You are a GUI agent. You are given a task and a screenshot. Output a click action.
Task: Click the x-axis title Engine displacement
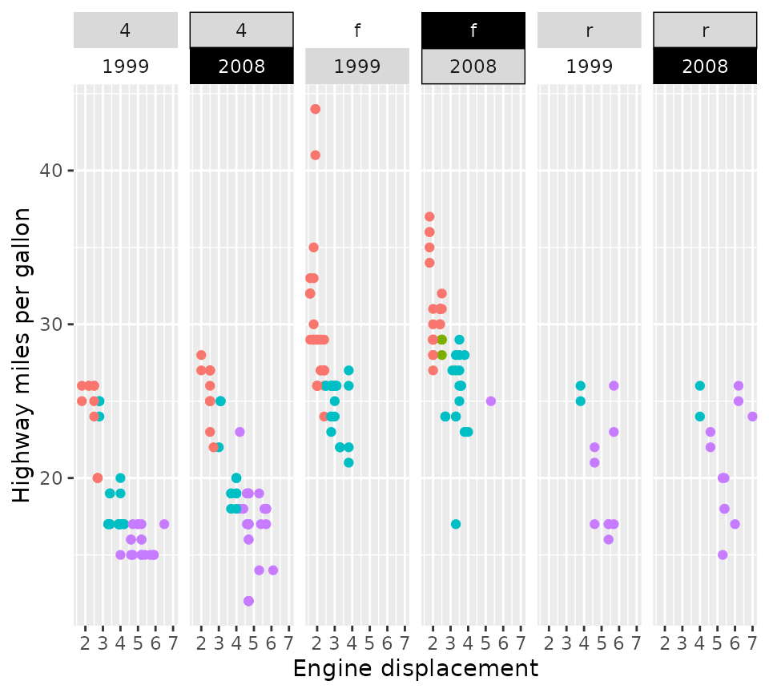[415, 669]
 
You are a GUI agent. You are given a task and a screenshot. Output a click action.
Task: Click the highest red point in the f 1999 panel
[315, 109]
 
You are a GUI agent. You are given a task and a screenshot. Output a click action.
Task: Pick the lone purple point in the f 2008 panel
[490, 401]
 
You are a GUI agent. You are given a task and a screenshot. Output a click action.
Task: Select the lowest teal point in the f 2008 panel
[456, 524]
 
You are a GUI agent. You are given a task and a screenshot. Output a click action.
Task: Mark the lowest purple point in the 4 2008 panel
[248, 601]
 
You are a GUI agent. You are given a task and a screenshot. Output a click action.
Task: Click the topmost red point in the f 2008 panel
[429, 217]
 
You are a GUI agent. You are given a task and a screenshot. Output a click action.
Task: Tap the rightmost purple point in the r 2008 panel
[752, 417]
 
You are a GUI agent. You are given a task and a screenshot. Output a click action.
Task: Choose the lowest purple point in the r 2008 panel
[723, 555]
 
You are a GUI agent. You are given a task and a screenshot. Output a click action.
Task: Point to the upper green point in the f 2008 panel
[441, 340]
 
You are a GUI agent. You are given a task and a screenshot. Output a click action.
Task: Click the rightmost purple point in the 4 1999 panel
[164, 524]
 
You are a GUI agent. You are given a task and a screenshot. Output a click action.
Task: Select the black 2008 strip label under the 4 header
[242, 66]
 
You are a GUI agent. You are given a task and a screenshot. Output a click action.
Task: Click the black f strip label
[473, 30]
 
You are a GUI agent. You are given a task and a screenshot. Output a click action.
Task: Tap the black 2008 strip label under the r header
[705, 66]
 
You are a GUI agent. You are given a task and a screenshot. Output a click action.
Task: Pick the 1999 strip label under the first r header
[590, 66]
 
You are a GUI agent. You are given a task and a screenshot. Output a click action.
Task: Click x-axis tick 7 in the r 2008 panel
[752, 644]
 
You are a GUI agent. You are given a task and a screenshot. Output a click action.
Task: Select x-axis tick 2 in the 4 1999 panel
[85, 644]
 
